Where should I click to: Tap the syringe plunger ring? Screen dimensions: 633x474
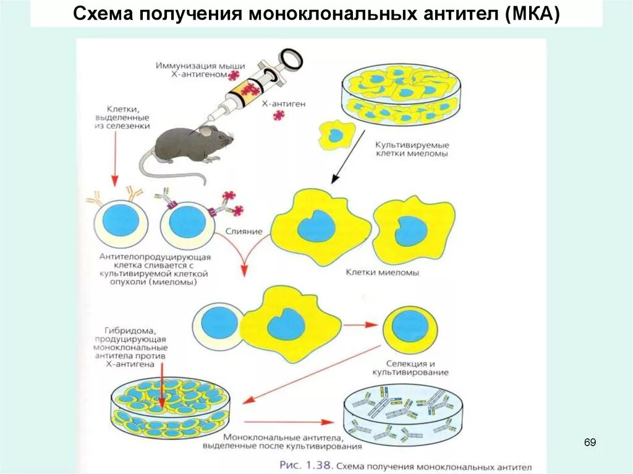click(291, 59)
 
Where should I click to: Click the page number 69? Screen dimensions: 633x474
click(590, 442)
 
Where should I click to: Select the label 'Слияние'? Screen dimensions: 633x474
click(248, 231)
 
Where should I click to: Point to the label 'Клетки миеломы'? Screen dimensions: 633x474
click(382, 272)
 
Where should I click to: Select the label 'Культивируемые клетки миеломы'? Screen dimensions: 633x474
click(410, 148)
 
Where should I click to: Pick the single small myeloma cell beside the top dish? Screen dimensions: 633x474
click(336, 135)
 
